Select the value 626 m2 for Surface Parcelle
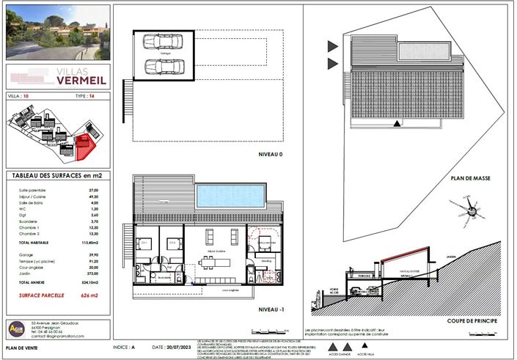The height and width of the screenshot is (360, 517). (92, 295)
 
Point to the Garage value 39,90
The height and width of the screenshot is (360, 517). (93, 254)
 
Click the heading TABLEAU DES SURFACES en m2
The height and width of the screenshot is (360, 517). (57, 177)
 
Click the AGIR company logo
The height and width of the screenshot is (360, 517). (16, 329)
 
